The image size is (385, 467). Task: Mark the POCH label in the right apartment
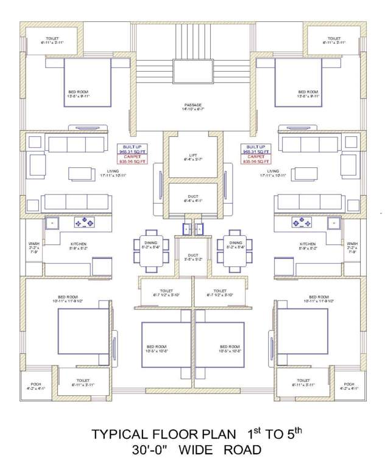point(348,384)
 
